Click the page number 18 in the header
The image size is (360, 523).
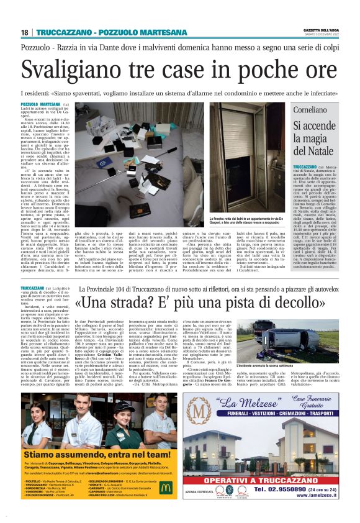pos(24,32)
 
